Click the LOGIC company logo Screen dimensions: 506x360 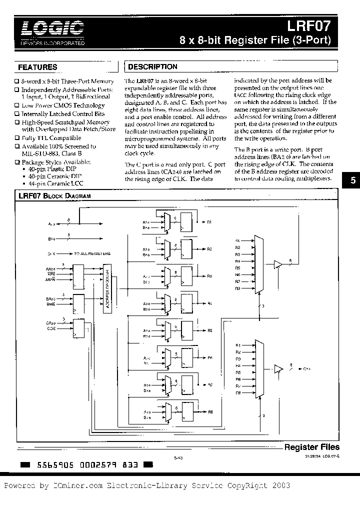point(52,28)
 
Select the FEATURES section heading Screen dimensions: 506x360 point(37,67)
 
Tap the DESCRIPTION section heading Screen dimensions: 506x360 point(153,66)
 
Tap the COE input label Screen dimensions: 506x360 point(50,328)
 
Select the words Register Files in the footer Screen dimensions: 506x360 point(311,447)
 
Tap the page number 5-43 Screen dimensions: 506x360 point(178,456)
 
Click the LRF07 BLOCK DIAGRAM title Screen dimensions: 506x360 point(54,196)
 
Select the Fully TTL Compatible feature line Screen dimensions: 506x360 point(51,138)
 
